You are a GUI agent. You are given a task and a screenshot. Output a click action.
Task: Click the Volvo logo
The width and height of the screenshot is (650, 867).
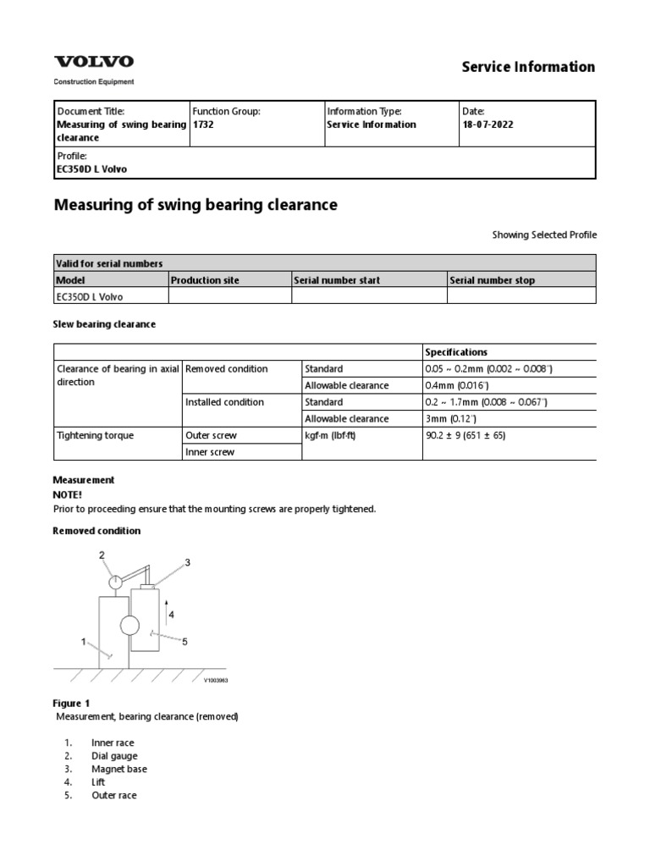[x=94, y=62]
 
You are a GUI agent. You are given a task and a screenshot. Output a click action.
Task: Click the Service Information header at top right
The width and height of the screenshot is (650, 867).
[x=528, y=67]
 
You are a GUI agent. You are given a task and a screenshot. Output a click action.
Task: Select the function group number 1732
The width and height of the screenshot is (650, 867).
[x=203, y=124]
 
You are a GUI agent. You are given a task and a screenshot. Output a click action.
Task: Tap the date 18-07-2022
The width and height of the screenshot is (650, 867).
[x=487, y=124]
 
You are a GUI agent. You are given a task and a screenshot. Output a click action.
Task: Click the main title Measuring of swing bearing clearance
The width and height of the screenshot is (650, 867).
[x=196, y=204]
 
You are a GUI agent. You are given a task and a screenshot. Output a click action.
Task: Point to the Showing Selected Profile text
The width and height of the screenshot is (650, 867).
[x=544, y=235]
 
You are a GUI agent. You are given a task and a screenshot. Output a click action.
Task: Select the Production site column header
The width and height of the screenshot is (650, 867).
[x=205, y=280]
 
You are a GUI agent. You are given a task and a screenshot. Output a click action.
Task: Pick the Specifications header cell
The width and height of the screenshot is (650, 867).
[x=456, y=352]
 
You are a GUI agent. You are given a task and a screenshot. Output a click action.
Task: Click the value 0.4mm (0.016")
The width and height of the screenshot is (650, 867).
[x=455, y=385]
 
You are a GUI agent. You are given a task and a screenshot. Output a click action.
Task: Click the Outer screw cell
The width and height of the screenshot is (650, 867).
[x=211, y=435]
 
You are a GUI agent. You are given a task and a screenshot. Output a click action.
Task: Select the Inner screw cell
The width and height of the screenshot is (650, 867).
[x=210, y=452]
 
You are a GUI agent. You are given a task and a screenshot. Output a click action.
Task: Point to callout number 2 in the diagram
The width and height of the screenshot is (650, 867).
[x=102, y=555]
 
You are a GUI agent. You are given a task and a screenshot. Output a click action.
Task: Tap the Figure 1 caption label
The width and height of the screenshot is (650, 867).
[x=71, y=703]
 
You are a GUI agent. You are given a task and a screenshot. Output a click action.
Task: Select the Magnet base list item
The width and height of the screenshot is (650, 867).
[x=118, y=769]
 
